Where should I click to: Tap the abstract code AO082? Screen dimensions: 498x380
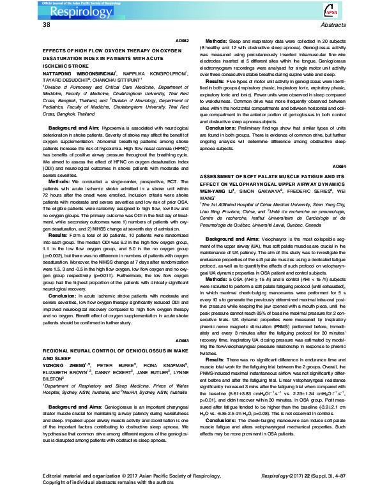point(182,40)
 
